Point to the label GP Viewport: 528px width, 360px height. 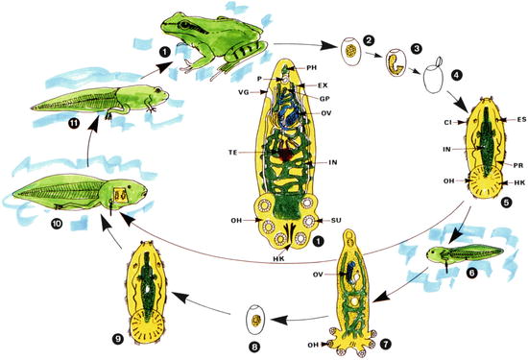[x=328, y=99]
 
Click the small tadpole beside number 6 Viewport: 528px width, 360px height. [x=452, y=259]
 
